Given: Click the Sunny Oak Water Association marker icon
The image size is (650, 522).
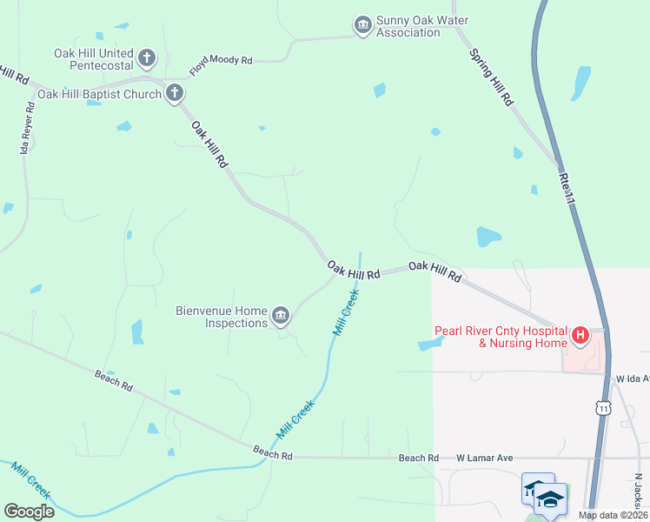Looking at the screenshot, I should coord(362,26).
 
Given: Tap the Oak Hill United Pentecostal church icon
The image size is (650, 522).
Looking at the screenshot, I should coord(147,59).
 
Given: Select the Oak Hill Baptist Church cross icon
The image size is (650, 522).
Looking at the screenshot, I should coord(174,93).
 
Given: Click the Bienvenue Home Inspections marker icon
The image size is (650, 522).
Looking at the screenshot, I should coord(281,317).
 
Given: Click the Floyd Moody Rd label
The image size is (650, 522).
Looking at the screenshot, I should coord(221,66).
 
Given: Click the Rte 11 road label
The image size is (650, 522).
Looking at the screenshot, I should coord(568,187).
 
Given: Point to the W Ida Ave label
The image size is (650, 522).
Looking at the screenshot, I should coord(632,378).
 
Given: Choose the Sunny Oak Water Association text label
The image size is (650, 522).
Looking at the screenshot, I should coord(408,26).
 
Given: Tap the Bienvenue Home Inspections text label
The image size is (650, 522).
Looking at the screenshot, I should coord(222,317).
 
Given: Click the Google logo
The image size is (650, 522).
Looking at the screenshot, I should coord(29,511).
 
